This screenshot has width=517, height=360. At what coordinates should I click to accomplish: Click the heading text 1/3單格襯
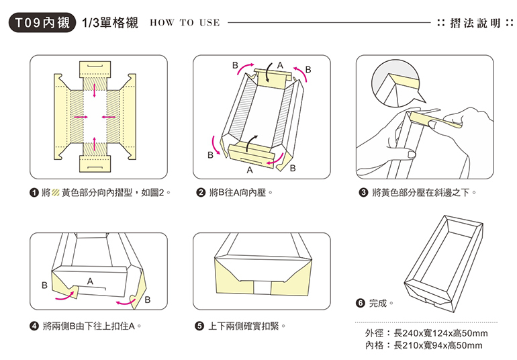coord(109,22)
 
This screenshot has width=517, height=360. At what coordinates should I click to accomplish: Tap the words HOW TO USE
coord(185,23)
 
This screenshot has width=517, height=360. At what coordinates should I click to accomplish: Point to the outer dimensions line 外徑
coord(426,334)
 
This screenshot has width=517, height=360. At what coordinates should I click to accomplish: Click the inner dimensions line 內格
coord(423,345)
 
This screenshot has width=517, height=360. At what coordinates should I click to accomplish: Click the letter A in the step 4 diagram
coord(89,277)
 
